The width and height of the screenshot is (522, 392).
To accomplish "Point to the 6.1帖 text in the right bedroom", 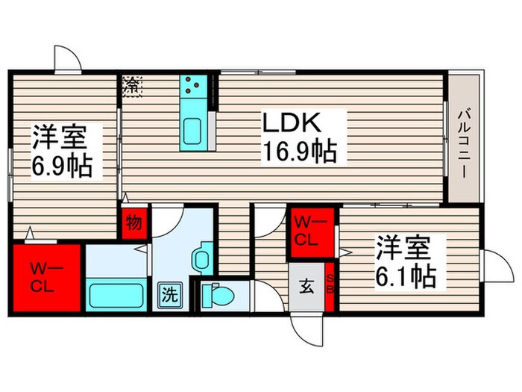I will point(404,277).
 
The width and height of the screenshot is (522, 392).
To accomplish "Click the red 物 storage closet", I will point(134,223).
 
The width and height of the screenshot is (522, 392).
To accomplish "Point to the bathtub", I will point(116,293).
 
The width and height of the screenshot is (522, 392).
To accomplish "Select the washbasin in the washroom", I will point(201,259).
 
